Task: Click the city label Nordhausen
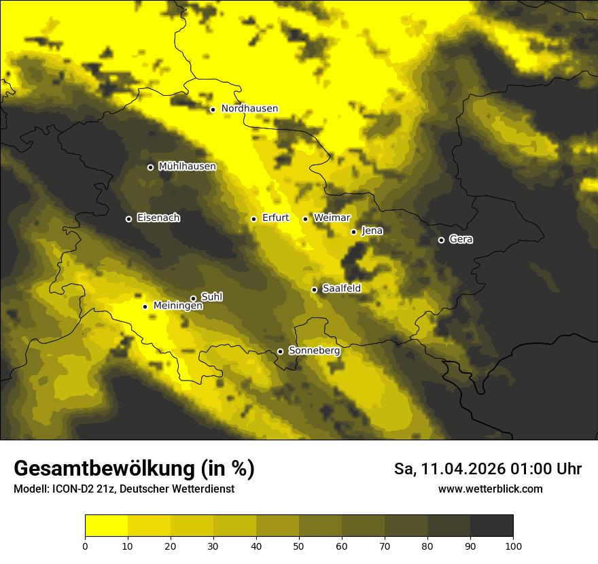click(249, 109)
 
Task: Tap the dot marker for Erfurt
click(253, 219)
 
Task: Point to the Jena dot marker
click(353, 232)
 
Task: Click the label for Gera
click(461, 239)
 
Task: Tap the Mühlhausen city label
click(187, 166)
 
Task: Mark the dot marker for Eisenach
click(128, 219)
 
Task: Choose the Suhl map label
click(211, 297)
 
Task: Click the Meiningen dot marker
click(145, 306)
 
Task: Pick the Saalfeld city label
click(341, 289)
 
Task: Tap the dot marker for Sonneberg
click(280, 351)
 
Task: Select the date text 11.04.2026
click(462, 469)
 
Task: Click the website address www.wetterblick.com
click(490, 489)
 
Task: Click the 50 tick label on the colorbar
click(299, 546)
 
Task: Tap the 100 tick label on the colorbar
click(513, 546)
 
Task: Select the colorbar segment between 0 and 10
click(106, 526)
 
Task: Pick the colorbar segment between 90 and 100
click(491, 526)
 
